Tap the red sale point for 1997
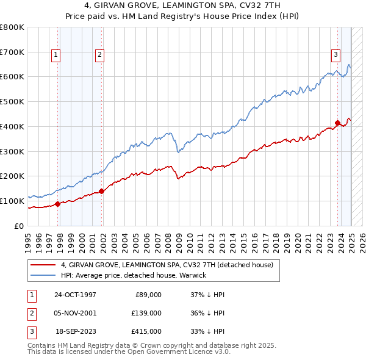58,204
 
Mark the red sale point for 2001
102,191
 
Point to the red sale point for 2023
337,123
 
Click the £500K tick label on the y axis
12,102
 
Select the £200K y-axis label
12,176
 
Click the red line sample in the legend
43,265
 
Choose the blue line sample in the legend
43,275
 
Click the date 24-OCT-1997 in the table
75,295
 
